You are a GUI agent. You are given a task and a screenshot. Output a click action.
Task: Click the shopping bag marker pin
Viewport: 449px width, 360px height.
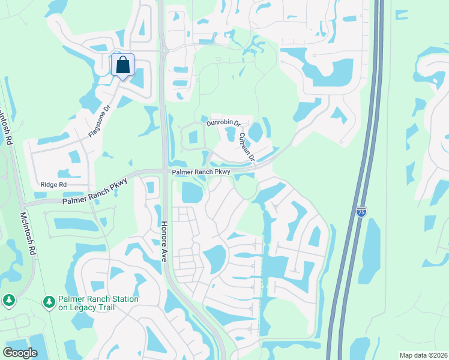pyautogui.click(x=122, y=65)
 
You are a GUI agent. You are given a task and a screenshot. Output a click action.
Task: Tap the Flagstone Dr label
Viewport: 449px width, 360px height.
pyautogui.click(x=100, y=122)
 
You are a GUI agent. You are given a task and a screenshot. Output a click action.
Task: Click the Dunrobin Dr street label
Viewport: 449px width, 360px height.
pyautogui.click(x=223, y=123)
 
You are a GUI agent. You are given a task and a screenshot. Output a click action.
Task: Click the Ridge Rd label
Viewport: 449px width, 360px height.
pyautogui.click(x=53, y=185)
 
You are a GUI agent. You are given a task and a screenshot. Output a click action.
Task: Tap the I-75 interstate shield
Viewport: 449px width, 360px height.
pyautogui.click(x=361, y=211)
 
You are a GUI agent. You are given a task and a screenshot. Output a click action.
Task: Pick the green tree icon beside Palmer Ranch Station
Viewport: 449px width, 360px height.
pyautogui.click(x=49, y=302)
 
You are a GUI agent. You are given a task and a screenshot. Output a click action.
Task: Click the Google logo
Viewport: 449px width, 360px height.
pyautogui.click(x=20, y=352)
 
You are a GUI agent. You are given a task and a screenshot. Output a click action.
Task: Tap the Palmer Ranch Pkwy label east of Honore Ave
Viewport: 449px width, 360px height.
pyautogui.click(x=200, y=172)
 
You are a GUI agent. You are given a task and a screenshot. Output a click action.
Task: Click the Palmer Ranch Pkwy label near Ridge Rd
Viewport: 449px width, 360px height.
pyautogui.click(x=95, y=192)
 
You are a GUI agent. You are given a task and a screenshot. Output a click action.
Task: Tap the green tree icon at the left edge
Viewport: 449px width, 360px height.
pyautogui.click(x=8, y=299)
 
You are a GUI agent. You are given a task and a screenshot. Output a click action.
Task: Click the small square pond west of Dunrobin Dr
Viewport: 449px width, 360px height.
pyautogui.click(x=193, y=136)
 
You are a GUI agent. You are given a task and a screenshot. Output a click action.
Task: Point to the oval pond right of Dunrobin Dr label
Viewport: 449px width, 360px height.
pyautogui.click(x=255, y=131)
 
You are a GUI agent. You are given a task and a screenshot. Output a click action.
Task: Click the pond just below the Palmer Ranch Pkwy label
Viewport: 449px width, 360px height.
pyautogui.click(x=191, y=192)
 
